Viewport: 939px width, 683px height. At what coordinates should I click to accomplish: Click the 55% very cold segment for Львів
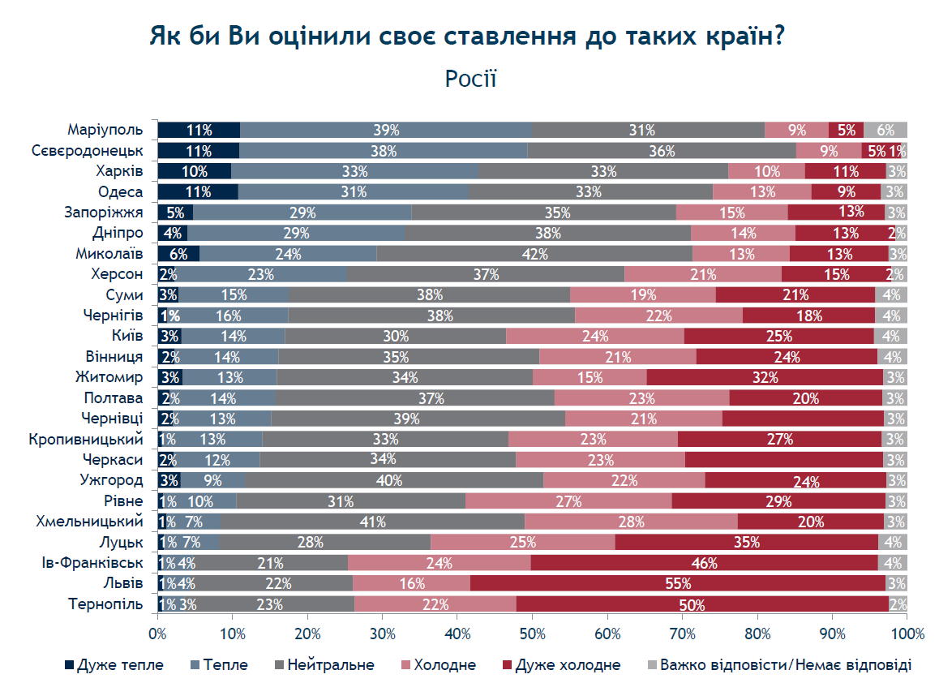(x=678, y=583)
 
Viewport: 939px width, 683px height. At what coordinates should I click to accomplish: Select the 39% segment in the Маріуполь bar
(x=386, y=130)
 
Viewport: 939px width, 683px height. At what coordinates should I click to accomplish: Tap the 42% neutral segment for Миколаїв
(x=534, y=253)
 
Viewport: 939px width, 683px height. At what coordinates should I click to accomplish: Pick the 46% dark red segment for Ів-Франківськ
(x=704, y=563)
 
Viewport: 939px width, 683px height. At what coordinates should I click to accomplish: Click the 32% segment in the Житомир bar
(x=765, y=377)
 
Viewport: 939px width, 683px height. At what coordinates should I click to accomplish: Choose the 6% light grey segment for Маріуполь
(x=885, y=130)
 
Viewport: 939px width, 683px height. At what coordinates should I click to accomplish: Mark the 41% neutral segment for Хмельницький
(x=372, y=522)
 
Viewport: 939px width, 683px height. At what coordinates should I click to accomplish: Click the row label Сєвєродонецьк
(x=88, y=150)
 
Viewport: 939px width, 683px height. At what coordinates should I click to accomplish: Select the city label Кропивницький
(x=86, y=439)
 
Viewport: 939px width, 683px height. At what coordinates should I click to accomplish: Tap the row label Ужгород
(x=111, y=480)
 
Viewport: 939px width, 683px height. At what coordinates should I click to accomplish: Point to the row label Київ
(x=127, y=336)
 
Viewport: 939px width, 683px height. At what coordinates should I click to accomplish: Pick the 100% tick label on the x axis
(x=908, y=634)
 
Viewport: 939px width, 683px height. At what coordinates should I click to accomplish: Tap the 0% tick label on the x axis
(x=157, y=634)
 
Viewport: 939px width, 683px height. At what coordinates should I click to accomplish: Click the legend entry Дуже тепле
(x=114, y=665)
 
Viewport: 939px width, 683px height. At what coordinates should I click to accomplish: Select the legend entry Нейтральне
(x=324, y=665)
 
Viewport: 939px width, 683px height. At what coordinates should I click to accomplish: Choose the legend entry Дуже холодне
(x=561, y=665)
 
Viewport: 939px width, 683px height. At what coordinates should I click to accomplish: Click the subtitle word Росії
(x=470, y=79)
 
